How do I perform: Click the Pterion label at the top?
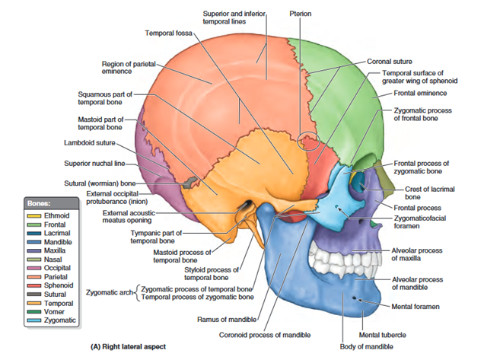(x=300, y=14)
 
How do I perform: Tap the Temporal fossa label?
(x=169, y=33)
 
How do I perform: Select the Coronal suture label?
(x=390, y=61)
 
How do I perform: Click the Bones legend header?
(x=37, y=203)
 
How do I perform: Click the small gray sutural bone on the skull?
(x=188, y=183)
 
